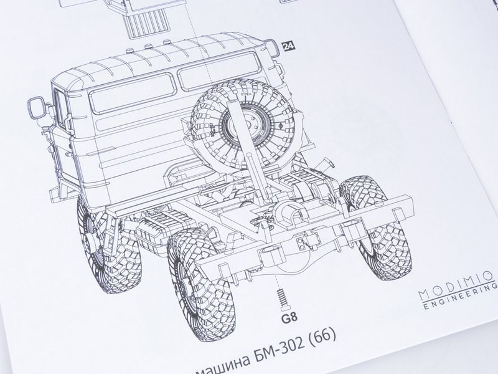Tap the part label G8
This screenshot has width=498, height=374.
289,318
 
